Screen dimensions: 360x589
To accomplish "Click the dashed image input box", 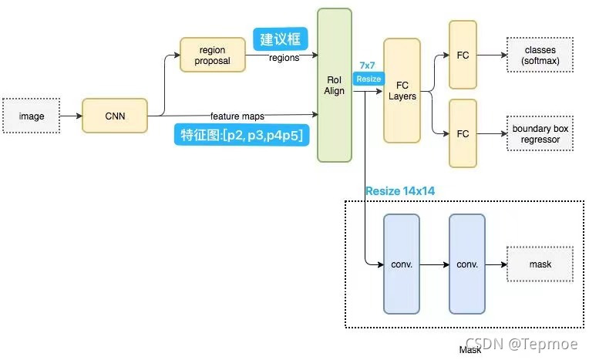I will (32, 116).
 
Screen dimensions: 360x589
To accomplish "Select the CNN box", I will (114, 117).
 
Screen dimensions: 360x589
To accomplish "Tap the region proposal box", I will (212, 55).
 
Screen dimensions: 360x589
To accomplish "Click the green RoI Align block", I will (335, 85).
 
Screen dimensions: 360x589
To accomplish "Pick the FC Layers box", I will (402, 91).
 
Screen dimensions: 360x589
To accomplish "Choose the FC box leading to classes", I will (463, 55).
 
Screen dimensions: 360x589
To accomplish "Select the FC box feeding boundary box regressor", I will (463, 133).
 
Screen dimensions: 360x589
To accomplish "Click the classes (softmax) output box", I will (539, 55).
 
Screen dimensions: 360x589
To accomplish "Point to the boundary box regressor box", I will (539, 133).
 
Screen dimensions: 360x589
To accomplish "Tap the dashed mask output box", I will (540, 264).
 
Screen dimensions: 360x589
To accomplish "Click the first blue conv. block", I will (402, 264).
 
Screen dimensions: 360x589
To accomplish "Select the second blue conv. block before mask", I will (467, 264).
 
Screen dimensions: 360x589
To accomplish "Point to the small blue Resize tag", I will (368, 79).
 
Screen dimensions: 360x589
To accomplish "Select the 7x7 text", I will (368, 66).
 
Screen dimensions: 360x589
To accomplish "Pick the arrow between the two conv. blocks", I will (434, 264).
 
